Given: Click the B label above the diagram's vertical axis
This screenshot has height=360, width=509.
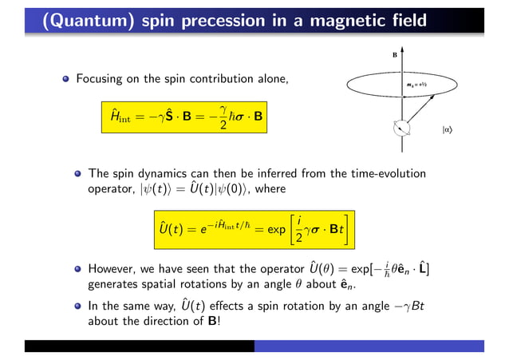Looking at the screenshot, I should click(393, 57).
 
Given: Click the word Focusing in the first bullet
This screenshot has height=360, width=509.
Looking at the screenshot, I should click(101, 79).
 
